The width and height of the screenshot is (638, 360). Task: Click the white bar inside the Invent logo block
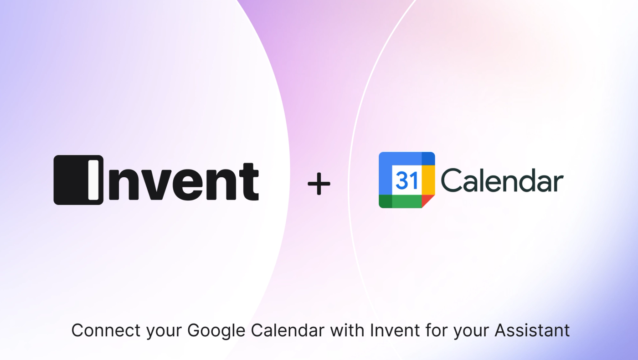93,180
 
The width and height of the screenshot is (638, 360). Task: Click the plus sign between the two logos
319,184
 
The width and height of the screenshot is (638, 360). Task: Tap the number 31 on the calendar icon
406,180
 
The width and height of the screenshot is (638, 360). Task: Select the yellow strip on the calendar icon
428,180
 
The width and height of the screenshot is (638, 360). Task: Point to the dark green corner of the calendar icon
385,201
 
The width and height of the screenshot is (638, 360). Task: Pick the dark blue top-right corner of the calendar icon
428,158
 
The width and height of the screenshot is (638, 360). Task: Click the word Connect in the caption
106,330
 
